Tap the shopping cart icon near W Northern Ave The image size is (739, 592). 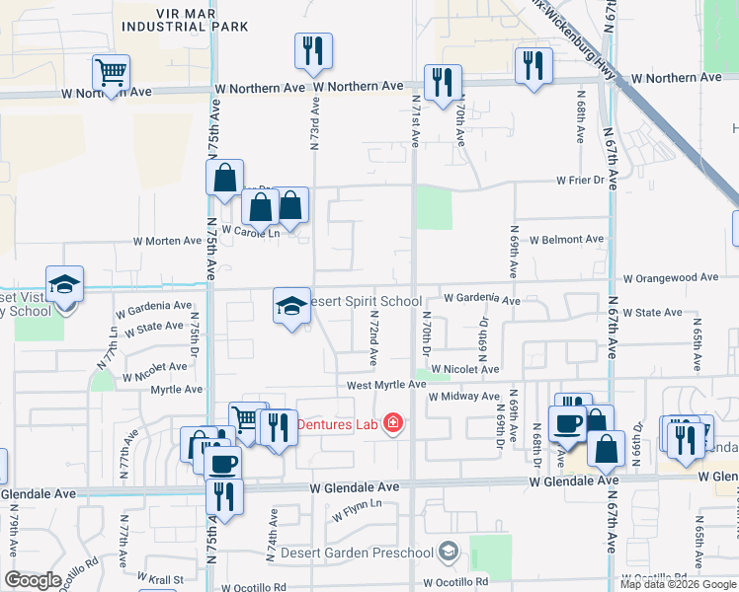(x=112, y=72)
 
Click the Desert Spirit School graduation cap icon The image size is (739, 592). (x=291, y=306)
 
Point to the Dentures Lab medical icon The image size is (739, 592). (x=393, y=423)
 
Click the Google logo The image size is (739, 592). (x=33, y=579)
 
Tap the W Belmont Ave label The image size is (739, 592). (x=566, y=240)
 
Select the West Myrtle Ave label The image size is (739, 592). (x=385, y=385)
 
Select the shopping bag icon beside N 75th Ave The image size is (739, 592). (x=225, y=179)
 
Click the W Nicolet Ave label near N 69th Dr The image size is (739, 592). (x=463, y=369)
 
